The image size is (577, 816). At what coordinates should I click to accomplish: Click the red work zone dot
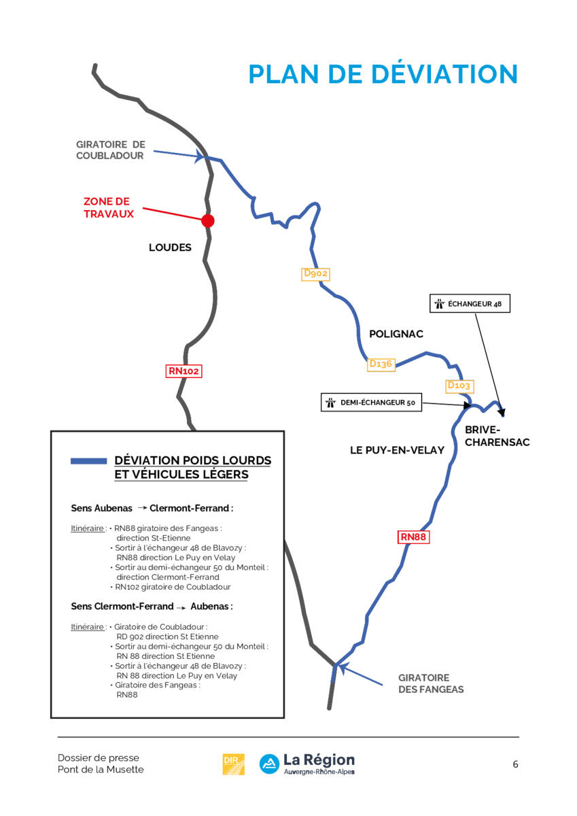[x=208, y=221]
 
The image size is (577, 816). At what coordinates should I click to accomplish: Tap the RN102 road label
[x=184, y=371]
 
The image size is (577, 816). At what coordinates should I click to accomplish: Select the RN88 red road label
[x=413, y=537]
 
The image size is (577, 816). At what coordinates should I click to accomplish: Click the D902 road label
[x=315, y=274]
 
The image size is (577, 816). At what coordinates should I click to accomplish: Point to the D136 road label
[x=381, y=364]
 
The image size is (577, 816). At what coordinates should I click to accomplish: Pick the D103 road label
[x=460, y=386]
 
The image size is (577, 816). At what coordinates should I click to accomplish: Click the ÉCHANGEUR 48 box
[x=470, y=303]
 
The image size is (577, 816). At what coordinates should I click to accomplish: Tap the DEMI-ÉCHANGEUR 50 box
[x=371, y=402]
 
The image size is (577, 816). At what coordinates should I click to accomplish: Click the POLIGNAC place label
[x=396, y=334]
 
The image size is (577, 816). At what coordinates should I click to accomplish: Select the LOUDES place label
[x=170, y=248]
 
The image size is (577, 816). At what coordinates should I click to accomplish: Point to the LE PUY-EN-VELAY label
[x=397, y=450]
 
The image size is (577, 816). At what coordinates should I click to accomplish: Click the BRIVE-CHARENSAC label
[x=497, y=436]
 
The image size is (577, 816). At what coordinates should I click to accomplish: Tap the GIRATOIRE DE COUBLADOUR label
[x=111, y=150]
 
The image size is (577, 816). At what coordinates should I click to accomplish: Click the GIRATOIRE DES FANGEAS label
[x=431, y=683]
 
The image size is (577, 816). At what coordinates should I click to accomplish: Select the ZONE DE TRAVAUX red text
[x=109, y=207]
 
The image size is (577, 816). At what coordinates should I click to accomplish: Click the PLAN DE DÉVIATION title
[x=383, y=74]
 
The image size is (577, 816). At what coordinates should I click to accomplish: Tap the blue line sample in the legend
[x=89, y=461]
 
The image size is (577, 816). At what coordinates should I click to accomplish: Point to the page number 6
[x=515, y=764]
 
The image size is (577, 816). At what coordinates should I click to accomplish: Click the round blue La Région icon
[x=269, y=764]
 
